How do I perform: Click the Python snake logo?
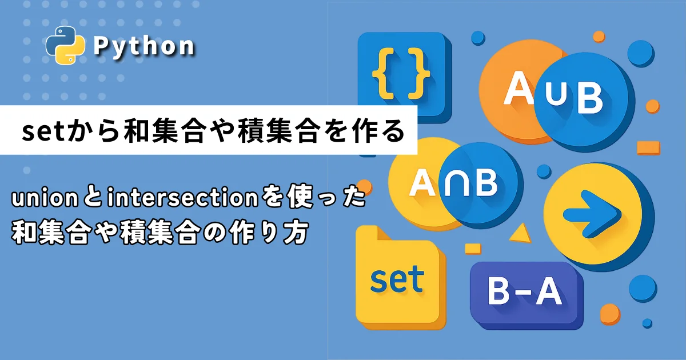[65, 45]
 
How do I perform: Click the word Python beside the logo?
[143, 46]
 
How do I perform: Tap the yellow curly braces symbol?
[401, 74]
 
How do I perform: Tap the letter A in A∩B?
[422, 183]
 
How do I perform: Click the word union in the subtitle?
[45, 198]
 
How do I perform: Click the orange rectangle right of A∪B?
[648, 148]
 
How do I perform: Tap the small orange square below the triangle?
[473, 249]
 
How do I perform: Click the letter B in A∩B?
[485, 183]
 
